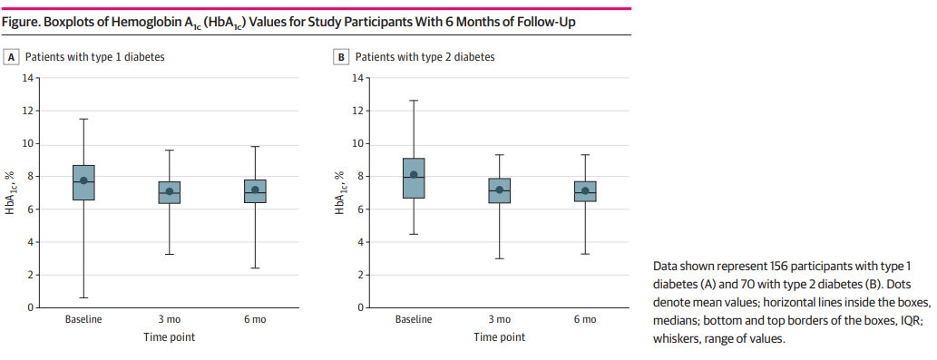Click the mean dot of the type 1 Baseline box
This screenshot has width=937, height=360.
click(x=83, y=180)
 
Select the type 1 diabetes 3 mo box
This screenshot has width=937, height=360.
click(x=169, y=192)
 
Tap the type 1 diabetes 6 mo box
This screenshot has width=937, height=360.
click(x=255, y=191)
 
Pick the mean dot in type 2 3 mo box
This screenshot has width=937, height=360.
click(x=499, y=190)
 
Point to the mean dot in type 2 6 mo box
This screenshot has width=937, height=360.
click(x=585, y=191)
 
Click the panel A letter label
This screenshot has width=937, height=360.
click(x=13, y=56)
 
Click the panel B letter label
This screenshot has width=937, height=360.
click(x=342, y=56)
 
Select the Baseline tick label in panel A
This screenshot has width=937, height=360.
click(x=83, y=320)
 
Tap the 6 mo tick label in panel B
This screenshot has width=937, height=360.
click(x=585, y=320)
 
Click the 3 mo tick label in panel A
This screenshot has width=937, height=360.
click(x=169, y=320)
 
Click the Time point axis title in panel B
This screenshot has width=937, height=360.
click(x=499, y=337)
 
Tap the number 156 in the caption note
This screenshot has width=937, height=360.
click(x=783, y=265)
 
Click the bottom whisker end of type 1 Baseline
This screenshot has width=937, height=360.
click(x=83, y=297)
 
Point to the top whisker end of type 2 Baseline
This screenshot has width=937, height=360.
click(x=414, y=101)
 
